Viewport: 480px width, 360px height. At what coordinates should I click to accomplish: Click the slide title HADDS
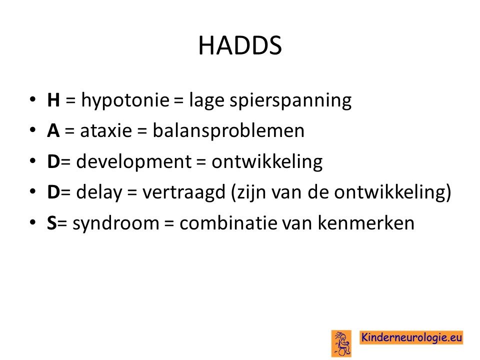pos(240,45)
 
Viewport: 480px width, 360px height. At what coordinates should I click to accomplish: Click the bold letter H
pos(53,100)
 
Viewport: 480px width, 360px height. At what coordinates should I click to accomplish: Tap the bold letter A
pos(53,130)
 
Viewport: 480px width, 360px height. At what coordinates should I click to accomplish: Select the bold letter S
pos(51,223)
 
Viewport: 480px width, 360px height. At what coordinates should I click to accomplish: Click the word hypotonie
pos(125,100)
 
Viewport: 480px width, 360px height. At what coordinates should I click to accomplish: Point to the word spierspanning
pos(290,100)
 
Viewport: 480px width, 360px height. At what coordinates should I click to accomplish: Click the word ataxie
pos(106,130)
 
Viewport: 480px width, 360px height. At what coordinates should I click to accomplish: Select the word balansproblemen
pos(228,131)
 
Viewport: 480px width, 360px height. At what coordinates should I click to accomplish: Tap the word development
pos(134,162)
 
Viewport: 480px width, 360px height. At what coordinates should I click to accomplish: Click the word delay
pos(99,192)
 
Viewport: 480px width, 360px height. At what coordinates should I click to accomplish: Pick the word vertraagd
pos(184,192)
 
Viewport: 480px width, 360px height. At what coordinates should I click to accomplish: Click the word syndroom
pos(116,223)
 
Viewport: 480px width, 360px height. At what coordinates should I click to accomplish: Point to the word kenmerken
pos(366,223)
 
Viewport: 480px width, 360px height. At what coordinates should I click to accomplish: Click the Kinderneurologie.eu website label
pos(411,337)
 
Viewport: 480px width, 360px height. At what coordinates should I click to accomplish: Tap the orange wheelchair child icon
pos(341,343)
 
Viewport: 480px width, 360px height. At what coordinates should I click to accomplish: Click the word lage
pos(206,100)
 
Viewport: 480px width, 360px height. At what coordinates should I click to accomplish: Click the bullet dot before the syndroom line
pos(33,222)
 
